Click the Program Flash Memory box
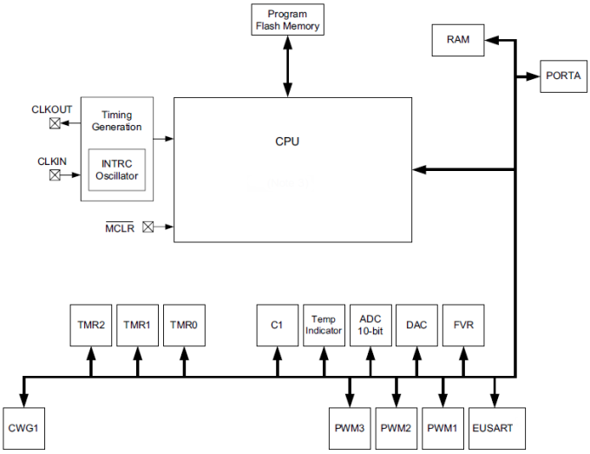[x=287, y=21]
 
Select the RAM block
[x=458, y=41]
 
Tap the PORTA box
[x=563, y=76]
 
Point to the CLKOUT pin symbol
[x=55, y=123]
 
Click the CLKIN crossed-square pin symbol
[x=55, y=174]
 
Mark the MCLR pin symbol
[x=147, y=227]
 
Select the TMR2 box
[x=90, y=325]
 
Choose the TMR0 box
[x=184, y=325]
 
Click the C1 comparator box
[x=278, y=325]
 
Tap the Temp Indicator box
[x=324, y=325]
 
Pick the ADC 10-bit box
[x=370, y=325]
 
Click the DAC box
[x=416, y=325]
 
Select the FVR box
[x=463, y=325]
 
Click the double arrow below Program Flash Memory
[x=287, y=67]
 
